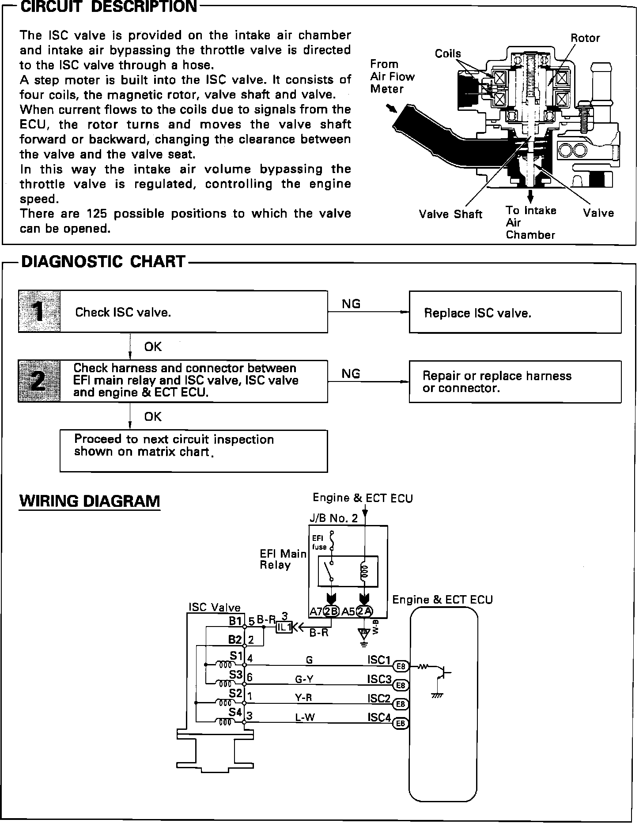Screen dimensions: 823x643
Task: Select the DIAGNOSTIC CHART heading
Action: point(103,261)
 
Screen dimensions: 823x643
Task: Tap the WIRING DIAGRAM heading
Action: point(90,501)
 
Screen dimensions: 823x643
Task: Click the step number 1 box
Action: point(39,312)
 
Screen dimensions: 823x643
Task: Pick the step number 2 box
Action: point(39,381)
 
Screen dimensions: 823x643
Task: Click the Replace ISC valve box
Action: point(515,312)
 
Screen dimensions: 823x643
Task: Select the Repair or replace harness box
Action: point(515,381)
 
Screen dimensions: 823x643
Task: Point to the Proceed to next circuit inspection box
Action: point(193,451)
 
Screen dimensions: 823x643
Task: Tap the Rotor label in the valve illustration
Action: point(585,38)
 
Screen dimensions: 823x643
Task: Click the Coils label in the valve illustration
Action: point(448,54)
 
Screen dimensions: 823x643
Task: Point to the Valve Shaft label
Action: point(450,214)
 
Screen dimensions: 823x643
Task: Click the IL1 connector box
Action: point(284,627)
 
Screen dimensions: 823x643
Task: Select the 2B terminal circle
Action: point(331,612)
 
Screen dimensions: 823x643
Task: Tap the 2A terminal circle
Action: point(364,612)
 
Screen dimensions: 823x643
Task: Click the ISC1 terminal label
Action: point(379,660)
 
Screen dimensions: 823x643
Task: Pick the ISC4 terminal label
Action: point(379,717)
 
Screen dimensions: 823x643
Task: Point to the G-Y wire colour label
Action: point(304,680)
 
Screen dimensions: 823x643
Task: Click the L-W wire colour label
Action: point(305,717)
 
